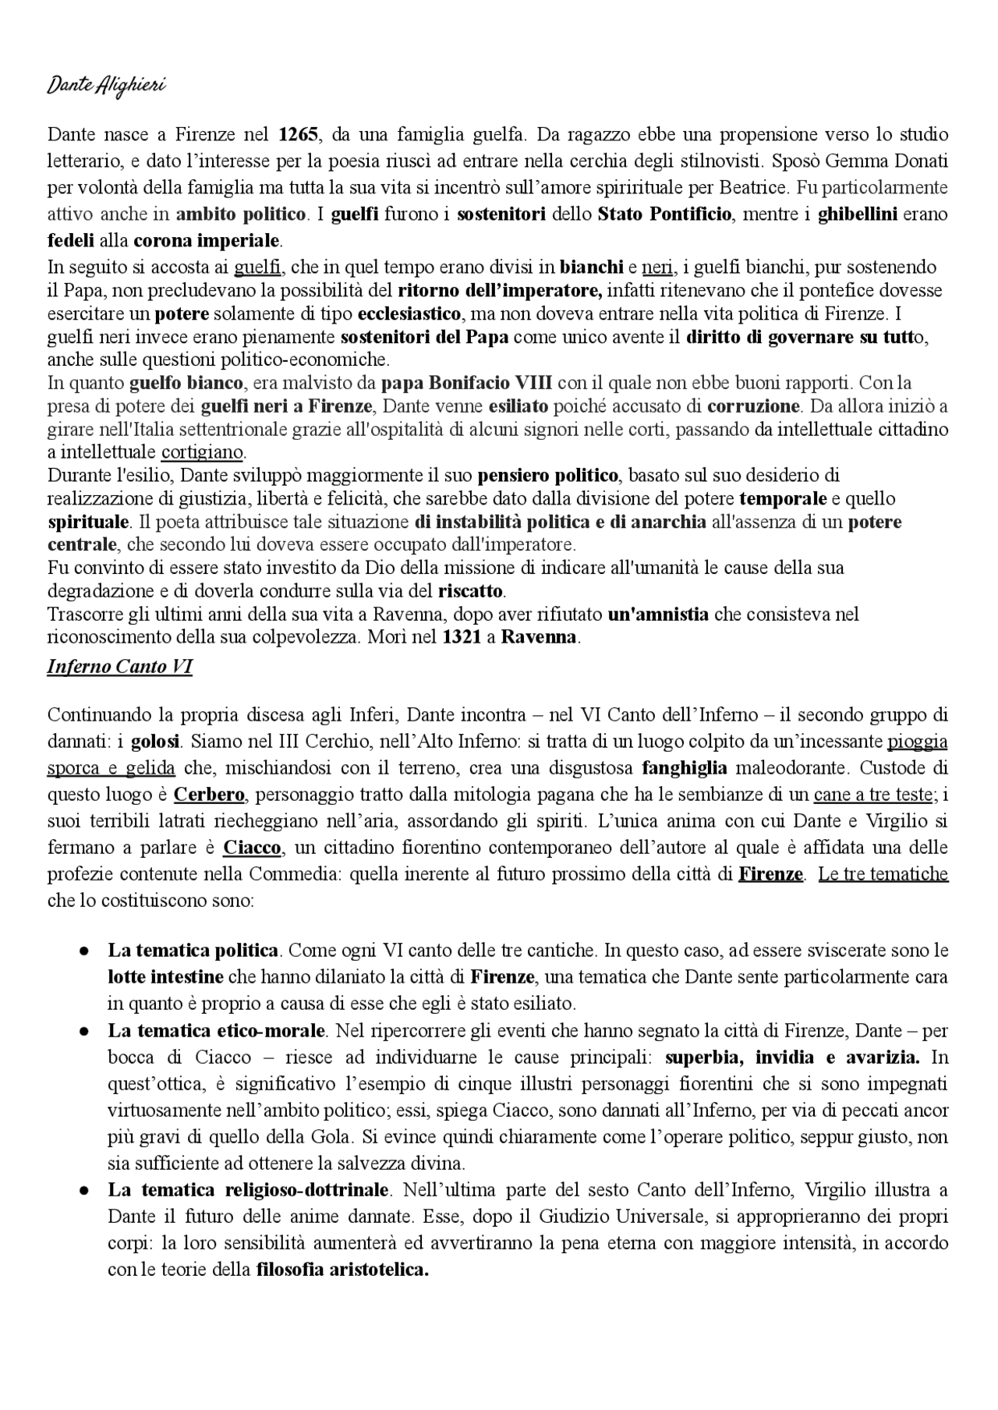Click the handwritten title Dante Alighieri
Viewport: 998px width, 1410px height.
[107, 86]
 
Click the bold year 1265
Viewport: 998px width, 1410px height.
[299, 134]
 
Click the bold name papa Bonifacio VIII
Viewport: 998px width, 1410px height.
[467, 383]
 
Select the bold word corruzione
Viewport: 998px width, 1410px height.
[753, 406]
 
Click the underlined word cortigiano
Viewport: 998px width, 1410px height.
[203, 452]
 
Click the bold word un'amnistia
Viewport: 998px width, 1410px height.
[658, 615]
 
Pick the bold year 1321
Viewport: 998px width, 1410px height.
[462, 637]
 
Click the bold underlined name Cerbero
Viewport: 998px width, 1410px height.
[209, 795]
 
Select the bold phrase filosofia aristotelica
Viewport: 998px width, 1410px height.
[343, 1270]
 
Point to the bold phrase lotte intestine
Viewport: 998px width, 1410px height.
[165, 976]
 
